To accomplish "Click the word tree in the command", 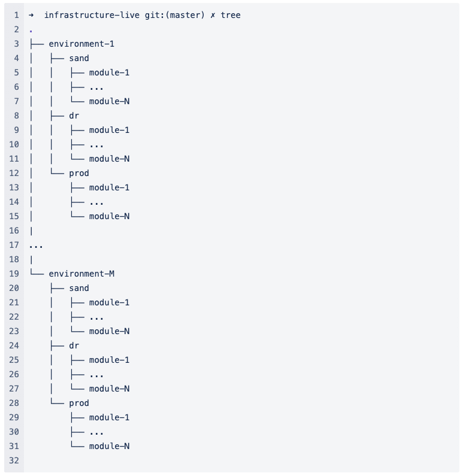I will click(x=231, y=15).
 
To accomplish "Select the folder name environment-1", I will click(x=81, y=44).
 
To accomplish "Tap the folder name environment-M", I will click(x=81, y=274).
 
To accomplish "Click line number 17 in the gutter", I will click(x=14, y=245).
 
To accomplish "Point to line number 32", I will click(x=14, y=460).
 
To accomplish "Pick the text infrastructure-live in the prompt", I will click(x=87, y=15).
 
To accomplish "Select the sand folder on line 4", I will click(x=79, y=58).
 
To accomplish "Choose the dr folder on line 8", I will click(x=74, y=116).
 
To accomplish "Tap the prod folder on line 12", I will click(x=79, y=173).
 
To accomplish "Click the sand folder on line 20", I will click(x=79, y=288).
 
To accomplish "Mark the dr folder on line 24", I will click(x=74, y=345).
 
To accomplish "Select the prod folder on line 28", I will click(x=79, y=403).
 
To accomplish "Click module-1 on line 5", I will click(x=109, y=72).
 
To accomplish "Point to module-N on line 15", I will click(x=109, y=216).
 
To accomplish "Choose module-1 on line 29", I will click(x=109, y=417).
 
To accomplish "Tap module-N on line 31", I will click(x=109, y=446).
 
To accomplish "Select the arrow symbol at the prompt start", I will click(x=31, y=15).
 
